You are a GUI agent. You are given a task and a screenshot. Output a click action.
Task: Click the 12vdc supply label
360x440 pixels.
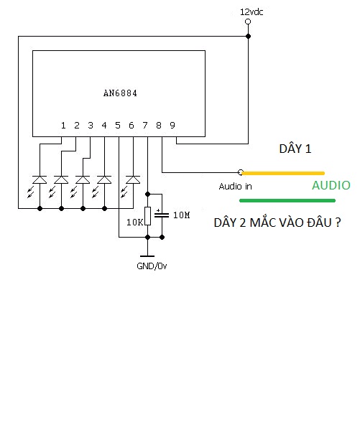251,12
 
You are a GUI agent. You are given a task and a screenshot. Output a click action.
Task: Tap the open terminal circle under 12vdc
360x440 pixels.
248,22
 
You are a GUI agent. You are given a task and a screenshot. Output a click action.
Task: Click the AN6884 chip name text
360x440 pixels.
120,93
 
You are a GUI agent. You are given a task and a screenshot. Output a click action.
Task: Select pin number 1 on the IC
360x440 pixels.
63,125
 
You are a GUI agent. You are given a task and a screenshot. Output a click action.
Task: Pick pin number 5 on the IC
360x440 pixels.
118,125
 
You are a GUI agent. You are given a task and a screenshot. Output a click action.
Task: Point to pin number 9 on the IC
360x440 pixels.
172,125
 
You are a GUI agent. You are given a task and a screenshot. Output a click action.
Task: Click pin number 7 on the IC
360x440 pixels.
145,125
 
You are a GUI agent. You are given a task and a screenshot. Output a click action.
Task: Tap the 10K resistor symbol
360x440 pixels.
148,216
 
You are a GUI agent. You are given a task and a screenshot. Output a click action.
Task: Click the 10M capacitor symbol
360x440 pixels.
162,215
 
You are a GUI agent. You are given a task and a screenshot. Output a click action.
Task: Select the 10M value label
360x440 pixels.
182,215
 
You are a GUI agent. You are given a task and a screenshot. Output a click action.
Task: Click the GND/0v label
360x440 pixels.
152,266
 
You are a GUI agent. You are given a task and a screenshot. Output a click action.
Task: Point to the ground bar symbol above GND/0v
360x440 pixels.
147,256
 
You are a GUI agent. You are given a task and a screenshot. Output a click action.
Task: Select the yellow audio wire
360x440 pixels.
283,173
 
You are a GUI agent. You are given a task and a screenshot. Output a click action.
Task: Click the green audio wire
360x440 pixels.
287,200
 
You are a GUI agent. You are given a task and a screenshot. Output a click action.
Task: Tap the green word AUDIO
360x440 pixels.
331,185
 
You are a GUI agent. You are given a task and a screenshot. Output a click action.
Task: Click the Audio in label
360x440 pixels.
235,187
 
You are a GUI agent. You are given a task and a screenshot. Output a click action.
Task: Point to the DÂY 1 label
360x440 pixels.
295,149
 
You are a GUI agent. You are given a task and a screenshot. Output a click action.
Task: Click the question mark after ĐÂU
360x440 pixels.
338,223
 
